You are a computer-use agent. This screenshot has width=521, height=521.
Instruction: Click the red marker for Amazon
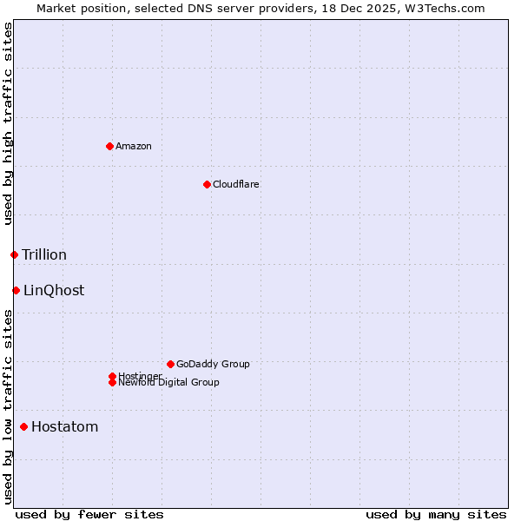tap(109, 146)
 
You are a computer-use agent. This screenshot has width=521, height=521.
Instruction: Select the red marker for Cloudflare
tap(207, 184)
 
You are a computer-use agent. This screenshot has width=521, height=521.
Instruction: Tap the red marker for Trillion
tap(14, 254)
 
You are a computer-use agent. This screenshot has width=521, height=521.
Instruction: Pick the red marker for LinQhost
tap(16, 290)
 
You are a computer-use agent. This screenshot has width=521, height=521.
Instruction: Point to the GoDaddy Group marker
tap(170, 364)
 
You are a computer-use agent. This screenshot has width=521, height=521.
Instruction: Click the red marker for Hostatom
tap(23, 426)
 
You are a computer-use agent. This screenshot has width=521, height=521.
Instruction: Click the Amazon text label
tap(134, 146)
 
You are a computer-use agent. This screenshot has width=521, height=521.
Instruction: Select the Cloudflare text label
tap(236, 184)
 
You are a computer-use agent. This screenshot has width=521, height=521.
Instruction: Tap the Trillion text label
tap(44, 254)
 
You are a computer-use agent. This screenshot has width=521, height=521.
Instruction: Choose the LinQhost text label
tap(54, 290)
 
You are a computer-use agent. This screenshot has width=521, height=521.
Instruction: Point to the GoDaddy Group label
tap(213, 364)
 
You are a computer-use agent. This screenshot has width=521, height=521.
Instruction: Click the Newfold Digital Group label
tap(169, 383)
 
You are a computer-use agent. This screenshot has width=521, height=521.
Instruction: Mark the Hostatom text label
tap(65, 426)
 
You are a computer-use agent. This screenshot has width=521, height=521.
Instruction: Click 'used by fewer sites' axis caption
tap(89, 514)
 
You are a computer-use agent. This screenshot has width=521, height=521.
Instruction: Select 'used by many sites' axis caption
tap(436, 514)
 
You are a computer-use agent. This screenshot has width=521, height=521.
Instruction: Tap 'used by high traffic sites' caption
tap(9, 123)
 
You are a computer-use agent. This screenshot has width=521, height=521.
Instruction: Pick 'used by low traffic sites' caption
tap(9, 406)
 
